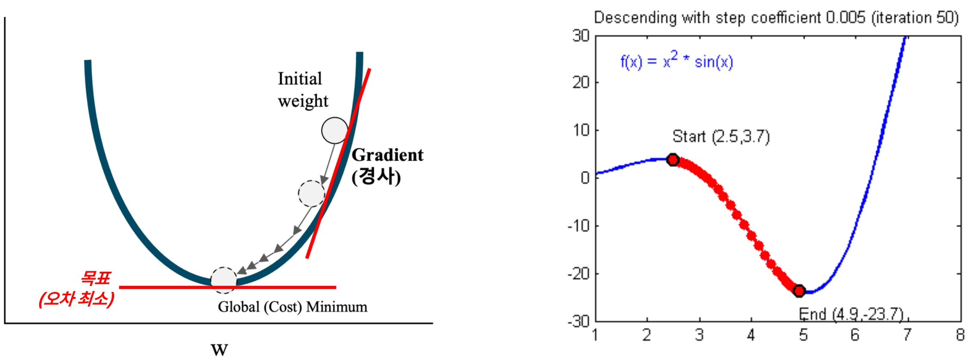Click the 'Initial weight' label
click(x=303, y=90)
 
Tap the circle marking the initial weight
click(x=335, y=130)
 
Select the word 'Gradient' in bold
click(x=388, y=155)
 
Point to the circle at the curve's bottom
click(x=223, y=280)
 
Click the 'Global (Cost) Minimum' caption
click(x=292, y=307)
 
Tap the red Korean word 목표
click(x=96, y=278)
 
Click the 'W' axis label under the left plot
click(x=219, y=350)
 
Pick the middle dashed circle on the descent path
click(x=311, y=194)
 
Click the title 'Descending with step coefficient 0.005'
click(x=730, y=18)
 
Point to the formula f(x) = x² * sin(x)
click(x=676, y=61)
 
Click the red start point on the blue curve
click(x=673, y=160)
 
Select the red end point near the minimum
click(x=799, y=291)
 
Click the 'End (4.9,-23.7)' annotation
click(x=851, y=314)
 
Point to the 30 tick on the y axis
click(x=581, y=36)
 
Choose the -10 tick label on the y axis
click(x=579, y=226)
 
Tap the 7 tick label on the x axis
click(x=907, y=335)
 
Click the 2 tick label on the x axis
click(x=647, y=335)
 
